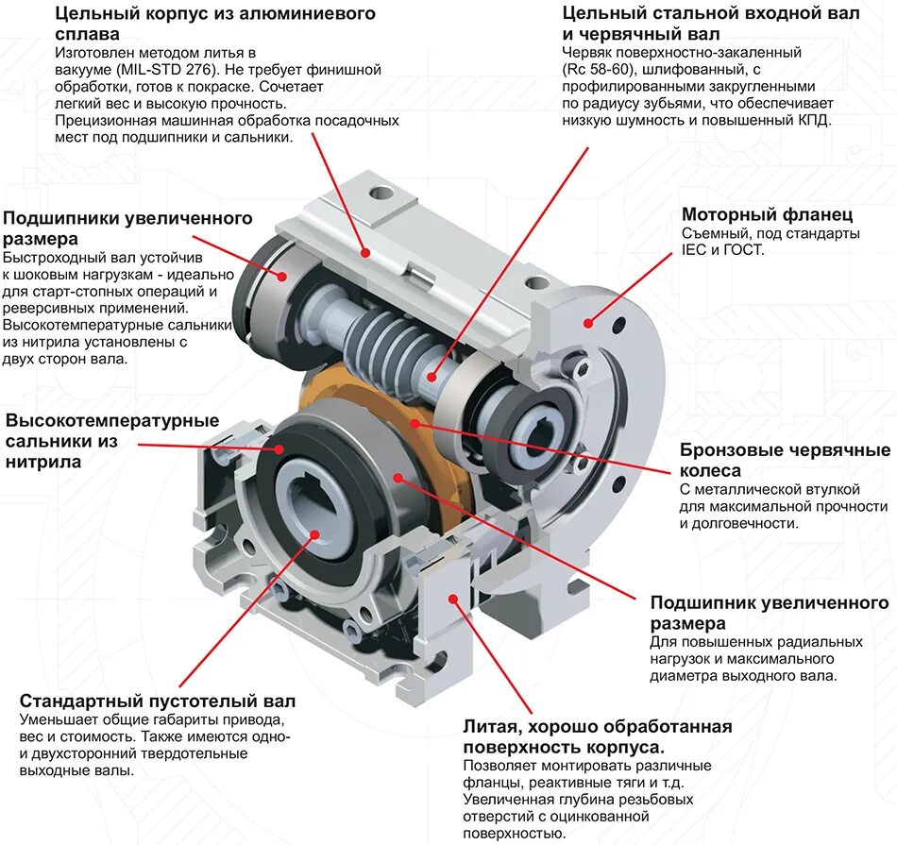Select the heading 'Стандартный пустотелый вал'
(157, 701)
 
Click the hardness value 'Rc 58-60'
(599, 69)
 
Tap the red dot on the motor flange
(588, 323)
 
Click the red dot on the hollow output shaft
(313, 534)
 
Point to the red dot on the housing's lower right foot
(453, 597)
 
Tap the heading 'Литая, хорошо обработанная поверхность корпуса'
(597, 736)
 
